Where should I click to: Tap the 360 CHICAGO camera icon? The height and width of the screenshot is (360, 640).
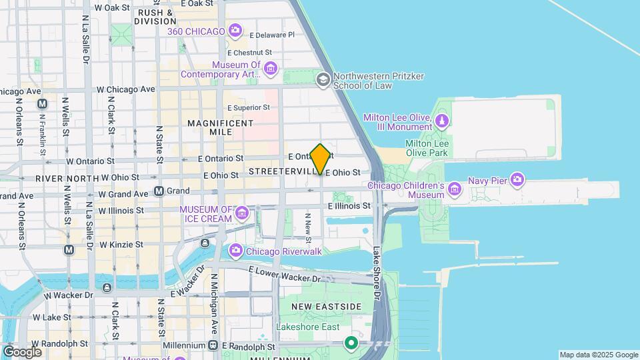(x=235, y=30)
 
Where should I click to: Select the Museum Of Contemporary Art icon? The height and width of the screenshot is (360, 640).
(x=270, y=69)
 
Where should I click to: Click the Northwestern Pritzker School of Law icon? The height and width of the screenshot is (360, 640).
(x=323, y=80)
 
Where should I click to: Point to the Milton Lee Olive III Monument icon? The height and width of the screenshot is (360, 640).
(x=442, y=121)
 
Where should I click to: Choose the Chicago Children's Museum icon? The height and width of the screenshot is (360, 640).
(x=455, y=189)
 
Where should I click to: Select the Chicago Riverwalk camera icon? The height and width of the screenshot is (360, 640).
(x=235, y=251)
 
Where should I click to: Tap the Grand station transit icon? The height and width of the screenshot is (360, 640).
(x=159, y=191)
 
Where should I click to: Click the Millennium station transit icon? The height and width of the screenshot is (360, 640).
(x=212, y=345)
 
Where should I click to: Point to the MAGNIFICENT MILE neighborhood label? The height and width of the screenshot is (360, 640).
(x=220, y=127)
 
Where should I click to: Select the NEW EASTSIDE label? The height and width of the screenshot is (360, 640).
(x=327, y=307)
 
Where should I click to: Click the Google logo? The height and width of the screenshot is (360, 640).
(x=22, y=351)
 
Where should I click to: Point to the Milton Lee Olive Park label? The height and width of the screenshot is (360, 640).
(x=427, y=148)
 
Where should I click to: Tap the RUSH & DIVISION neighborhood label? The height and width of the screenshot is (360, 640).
(x=155, y=17)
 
